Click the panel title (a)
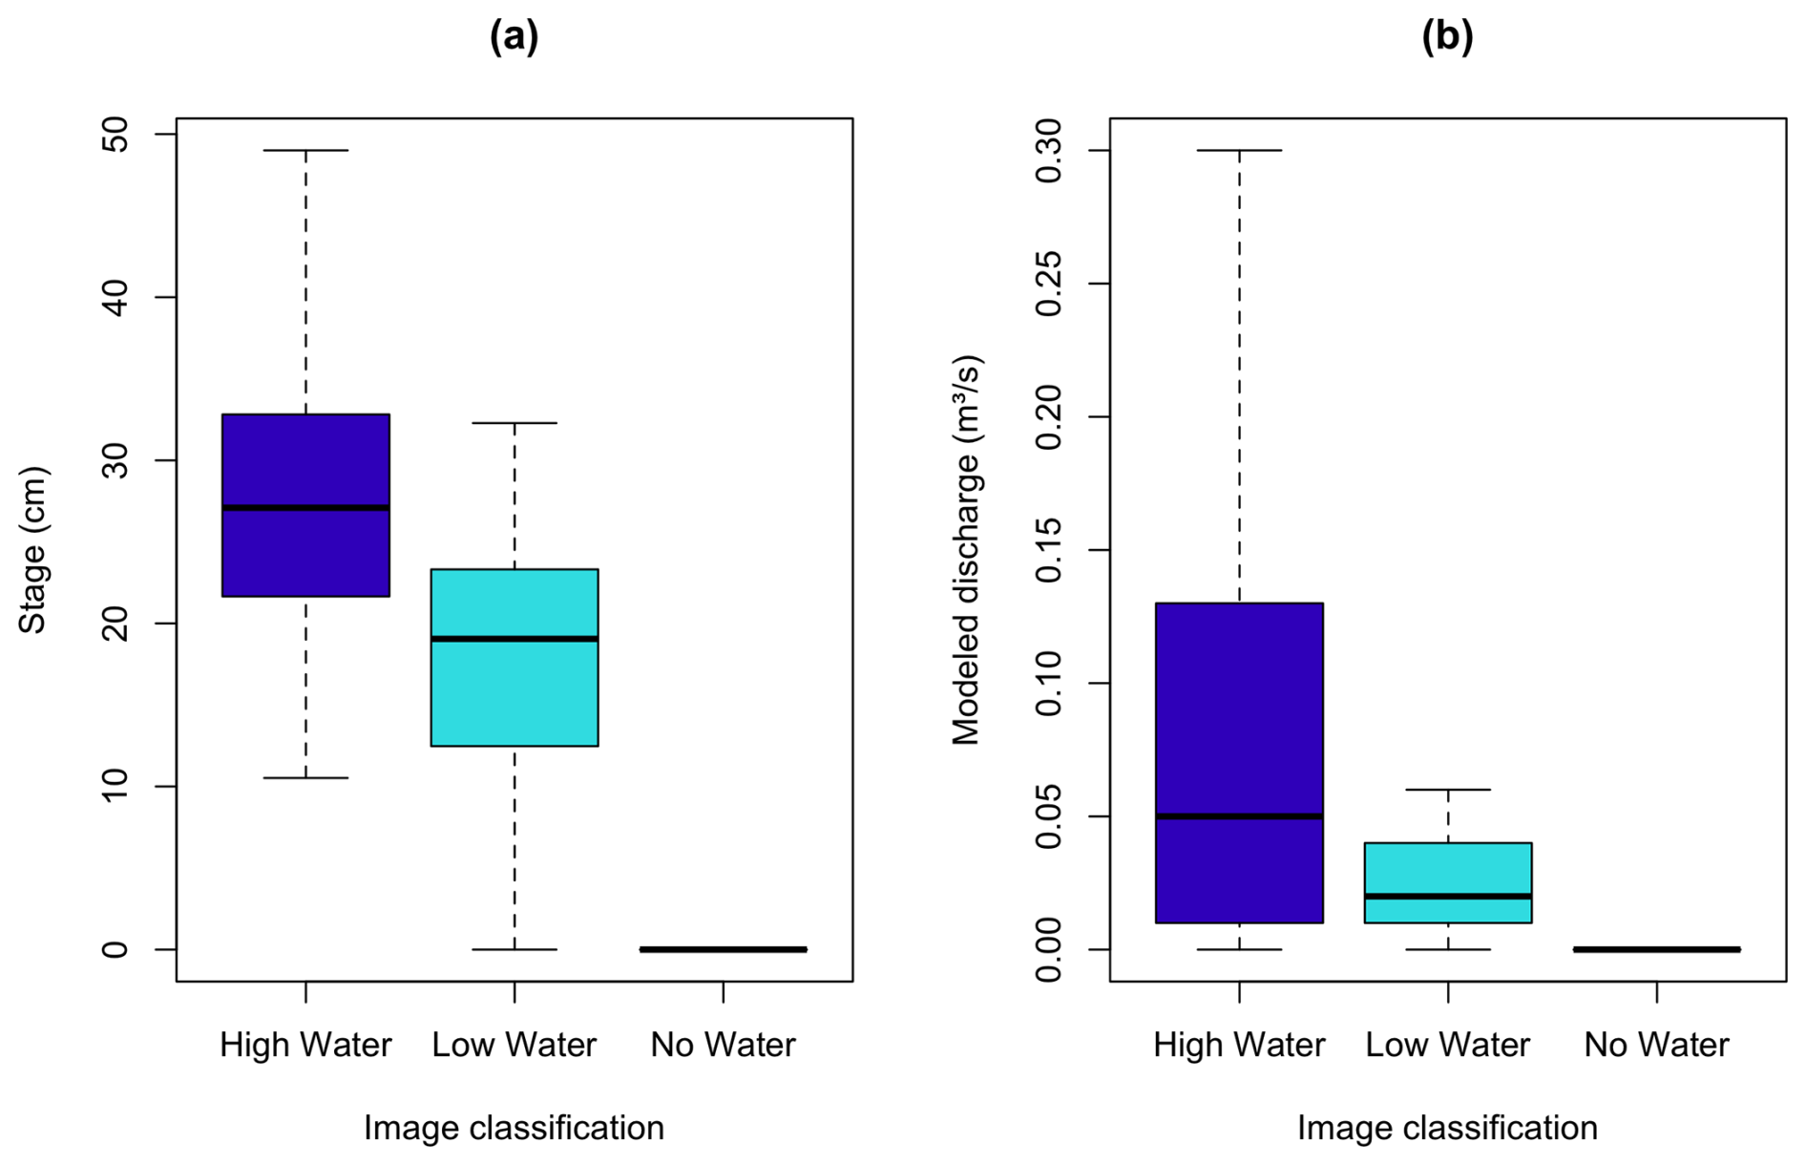[514, 36]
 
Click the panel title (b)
[1447, 36]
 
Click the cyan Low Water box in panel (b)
[1448, 869]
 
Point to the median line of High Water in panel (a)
[305, 508]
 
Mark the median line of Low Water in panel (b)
[1448, 896]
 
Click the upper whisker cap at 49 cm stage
[305, 151]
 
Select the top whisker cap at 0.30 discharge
[1239, 151]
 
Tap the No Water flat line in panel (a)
[724, 949]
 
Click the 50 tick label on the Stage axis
[115, 135]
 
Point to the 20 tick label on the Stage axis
[115, 624]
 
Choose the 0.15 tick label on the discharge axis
[1049, 550]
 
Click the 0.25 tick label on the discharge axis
[1049, 284]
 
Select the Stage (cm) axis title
[33, 550]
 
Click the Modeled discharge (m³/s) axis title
[966, 550]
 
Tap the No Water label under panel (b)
[1656, 1045]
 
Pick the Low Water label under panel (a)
[514, 1045]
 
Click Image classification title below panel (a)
[514, 1128]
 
